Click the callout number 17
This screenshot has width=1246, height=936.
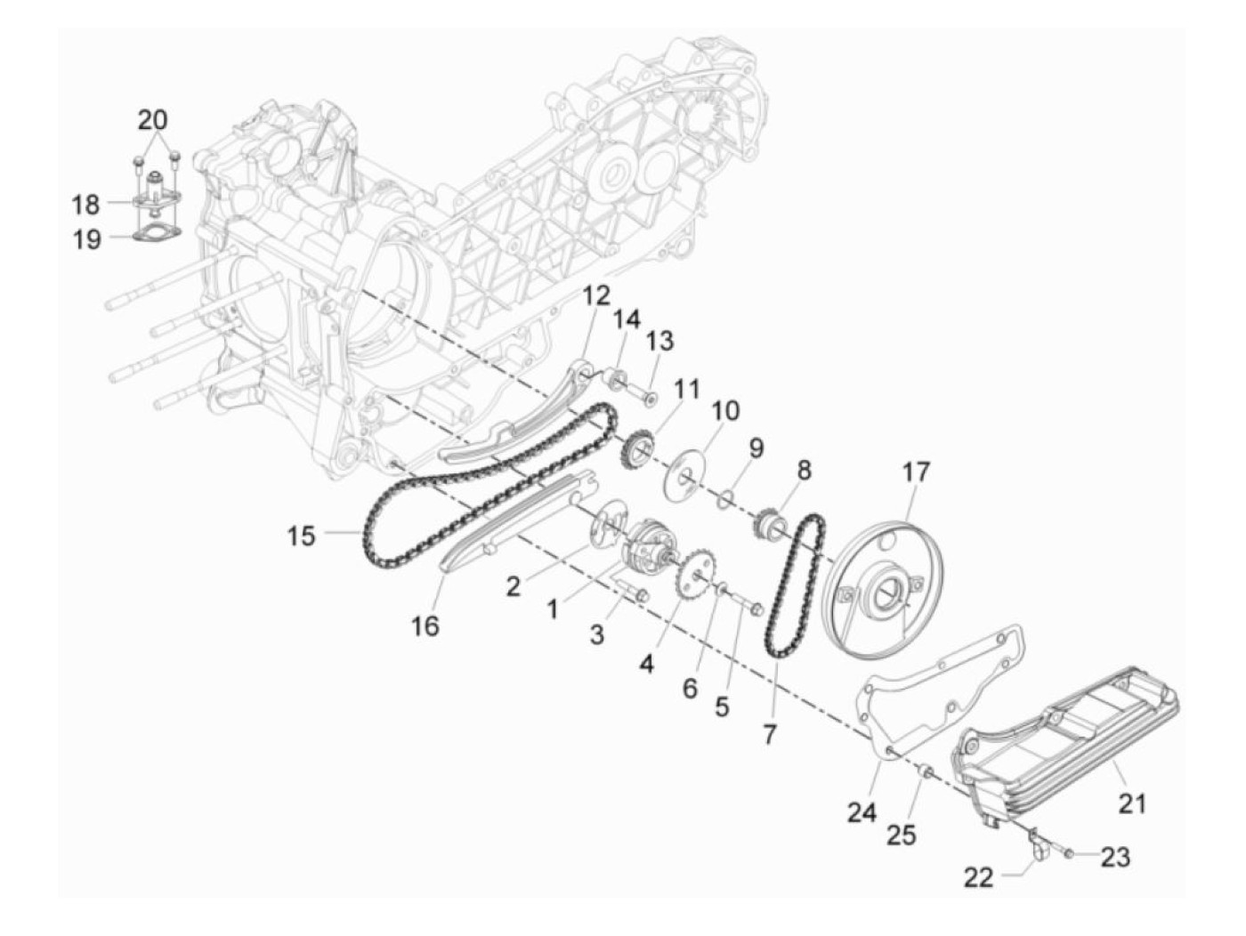[x=916, y=472]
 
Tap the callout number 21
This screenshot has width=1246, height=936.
[x=1131, y=803]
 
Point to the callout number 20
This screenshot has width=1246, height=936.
[x=153, y=119]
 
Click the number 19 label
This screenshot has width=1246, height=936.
[x=87, y=239]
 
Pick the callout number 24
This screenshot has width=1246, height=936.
[x=862, y=812]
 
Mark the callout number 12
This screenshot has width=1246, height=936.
[x=598, y=295]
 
